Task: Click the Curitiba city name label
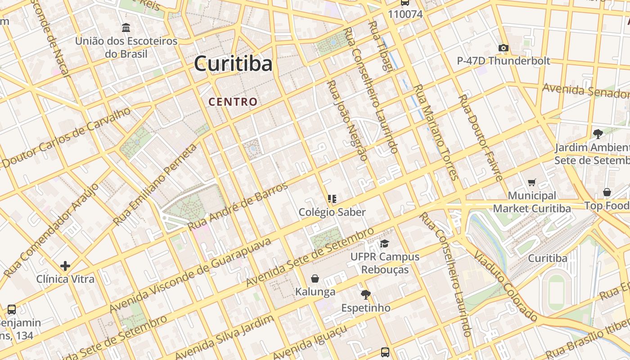[233, 64]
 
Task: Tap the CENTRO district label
[233, 102]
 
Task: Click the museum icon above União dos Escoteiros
[126, 28]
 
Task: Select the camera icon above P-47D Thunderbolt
[504, 48]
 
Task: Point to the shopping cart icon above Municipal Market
[532, 182]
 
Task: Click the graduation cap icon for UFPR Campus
[384, 243]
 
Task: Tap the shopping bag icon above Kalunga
[315, 279]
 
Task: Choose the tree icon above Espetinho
[365, 295]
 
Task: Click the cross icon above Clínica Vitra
[65, 266]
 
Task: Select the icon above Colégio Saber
[332, 199]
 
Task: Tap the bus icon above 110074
[405, 2]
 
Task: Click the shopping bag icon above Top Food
[607, 193]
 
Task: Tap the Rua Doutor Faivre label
[480, 138]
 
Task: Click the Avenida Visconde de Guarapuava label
[191, 275]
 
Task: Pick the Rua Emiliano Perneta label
[156, 185]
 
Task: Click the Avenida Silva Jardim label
[224, 338]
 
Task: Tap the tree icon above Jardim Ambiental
[598, 134]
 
